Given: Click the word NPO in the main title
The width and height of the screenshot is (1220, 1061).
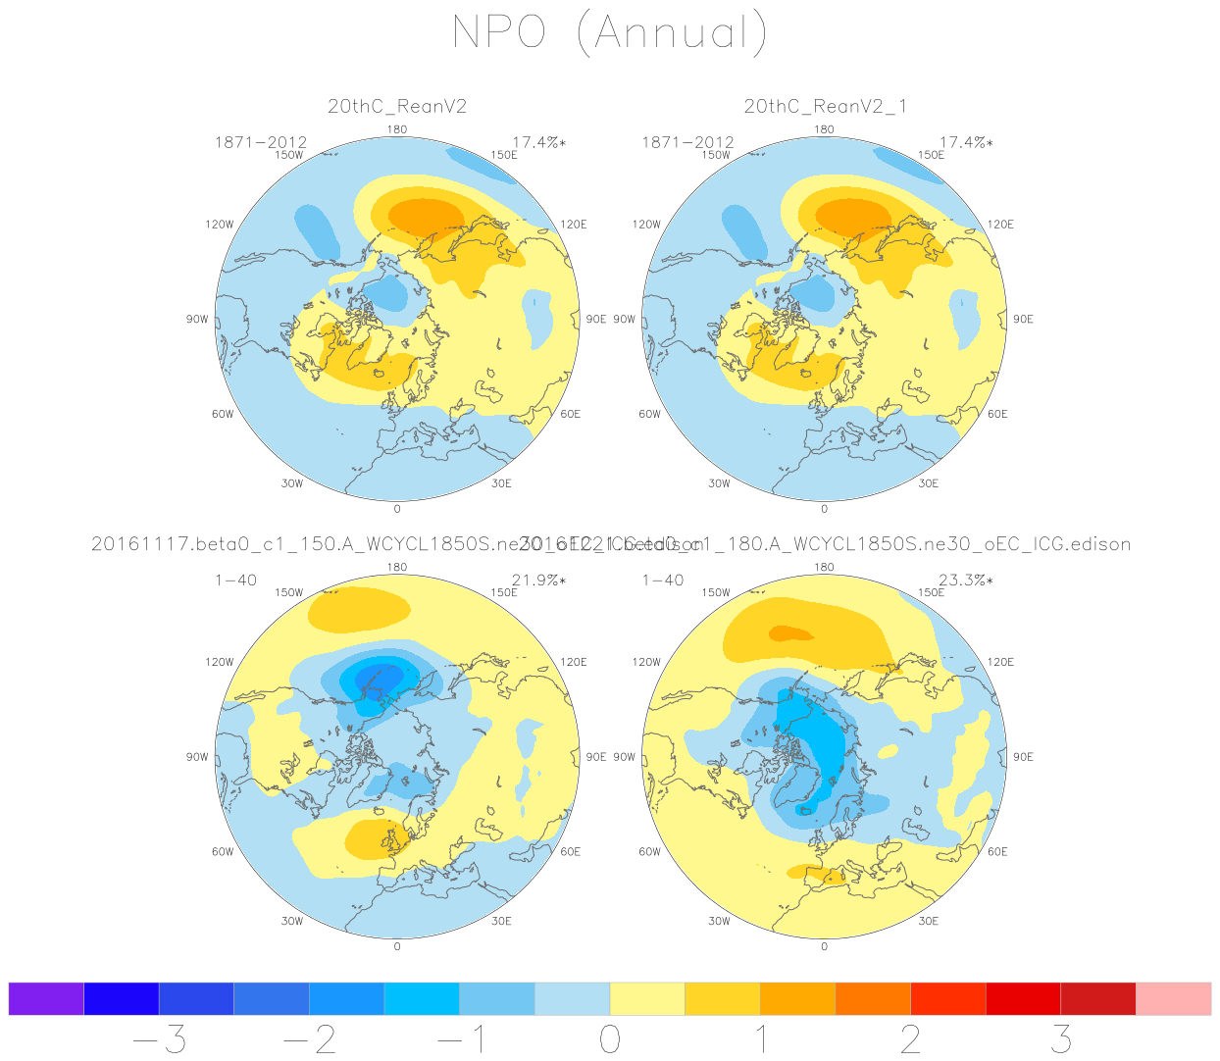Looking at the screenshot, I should (498, 32).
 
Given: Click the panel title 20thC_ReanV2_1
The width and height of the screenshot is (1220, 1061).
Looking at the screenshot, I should (825, 106).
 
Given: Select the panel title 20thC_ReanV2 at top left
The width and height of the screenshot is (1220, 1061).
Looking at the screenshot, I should (397, 106).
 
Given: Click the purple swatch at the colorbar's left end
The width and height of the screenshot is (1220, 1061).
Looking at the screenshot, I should (46, 998).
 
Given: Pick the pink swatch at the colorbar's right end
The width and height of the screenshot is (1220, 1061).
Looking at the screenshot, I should (1173, 998).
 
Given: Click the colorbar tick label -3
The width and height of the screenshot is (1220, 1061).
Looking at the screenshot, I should (160, 1039).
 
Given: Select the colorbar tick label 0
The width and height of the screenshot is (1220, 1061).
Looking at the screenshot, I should (610, 1039).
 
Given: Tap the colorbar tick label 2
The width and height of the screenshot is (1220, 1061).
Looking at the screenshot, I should (911, 1039).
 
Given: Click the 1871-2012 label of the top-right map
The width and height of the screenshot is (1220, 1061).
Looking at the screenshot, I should (687, 143).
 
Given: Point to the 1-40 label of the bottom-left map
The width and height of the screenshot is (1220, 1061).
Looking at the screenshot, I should (235, 581).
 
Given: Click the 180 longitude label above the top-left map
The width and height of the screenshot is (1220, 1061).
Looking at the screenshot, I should (397, 129).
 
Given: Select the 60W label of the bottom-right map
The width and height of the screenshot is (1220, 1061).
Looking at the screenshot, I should (650, 852).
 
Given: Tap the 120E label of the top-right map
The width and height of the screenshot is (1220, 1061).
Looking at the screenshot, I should (1001, 225).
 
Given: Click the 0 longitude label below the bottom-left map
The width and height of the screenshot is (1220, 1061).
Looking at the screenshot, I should (397, 946).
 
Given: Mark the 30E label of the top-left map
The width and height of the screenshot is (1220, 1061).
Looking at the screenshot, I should (501, 483).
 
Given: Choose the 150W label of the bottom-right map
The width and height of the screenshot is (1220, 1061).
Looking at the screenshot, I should (716, 593).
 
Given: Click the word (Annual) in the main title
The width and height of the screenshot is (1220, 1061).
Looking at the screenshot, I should (672, 32).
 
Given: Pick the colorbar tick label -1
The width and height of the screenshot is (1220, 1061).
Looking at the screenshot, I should (460, 1039).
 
